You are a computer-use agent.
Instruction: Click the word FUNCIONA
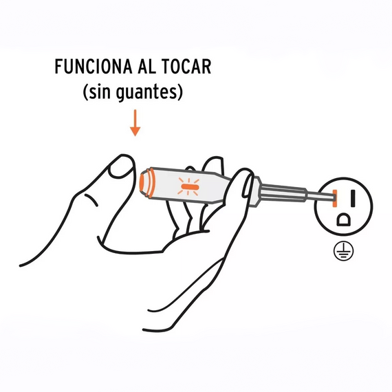click(94, 67)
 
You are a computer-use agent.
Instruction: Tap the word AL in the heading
click(146, 67)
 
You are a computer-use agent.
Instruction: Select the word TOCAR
click(186, 67)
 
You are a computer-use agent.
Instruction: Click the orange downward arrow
click(135, 122)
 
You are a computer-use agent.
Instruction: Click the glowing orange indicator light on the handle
click(189, 187)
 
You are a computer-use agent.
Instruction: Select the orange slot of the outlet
click(335, 198)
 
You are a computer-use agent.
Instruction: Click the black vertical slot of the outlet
click(353, 198)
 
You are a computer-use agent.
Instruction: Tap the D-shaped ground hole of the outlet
click(344, 219)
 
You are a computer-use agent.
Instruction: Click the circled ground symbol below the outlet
click(343, 251)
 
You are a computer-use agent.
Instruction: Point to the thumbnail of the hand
click(121, 166)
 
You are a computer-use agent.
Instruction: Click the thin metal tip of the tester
click(320, 196)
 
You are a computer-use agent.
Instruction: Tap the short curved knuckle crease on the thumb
click(91, 199)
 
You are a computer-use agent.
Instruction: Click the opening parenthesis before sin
click(85, 93)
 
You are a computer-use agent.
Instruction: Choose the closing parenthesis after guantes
click(180, 93)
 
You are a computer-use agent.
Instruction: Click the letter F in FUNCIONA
click(58, 67)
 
